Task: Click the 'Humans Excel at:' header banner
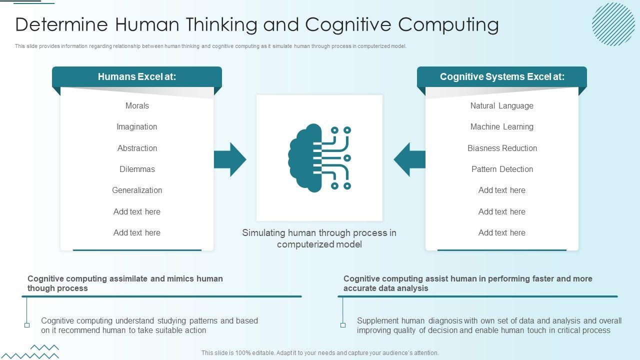pyautogui.click(x=137, y=77)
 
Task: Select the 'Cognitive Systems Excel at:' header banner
pyautogui.click(x=502, y=77)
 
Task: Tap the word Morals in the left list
pyautogui.click(x=137, y=105)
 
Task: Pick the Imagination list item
pyautogui.click(x=137, y=127)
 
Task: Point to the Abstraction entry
pyautogui.click(x=137, y=148)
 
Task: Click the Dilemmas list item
pyautogui.click(x=137, y=169)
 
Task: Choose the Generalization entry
pyautogui.click(x=137, y=190)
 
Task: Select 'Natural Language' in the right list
pyautogui.click(x=502, y=105)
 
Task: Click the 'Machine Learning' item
pyautogui.click(x=502, y=127)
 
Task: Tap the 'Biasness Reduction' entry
pyautogui.click(x=502, y=148)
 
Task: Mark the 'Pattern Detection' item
pyautogui.click(x=502, y=169)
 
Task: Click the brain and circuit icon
pyautogui.click(x=319, y=158)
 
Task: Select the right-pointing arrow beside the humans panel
pyautogui.click(x=230, y=159)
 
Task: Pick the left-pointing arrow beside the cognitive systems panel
pyautogui.click(x=409, y=159)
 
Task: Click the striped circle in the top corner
pyautogui.click(x=613, y=24)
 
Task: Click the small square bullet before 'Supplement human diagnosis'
pyautogui.click(x=343, y=325)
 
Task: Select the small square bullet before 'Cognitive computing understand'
pyautogui.click(x=27, y=325)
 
